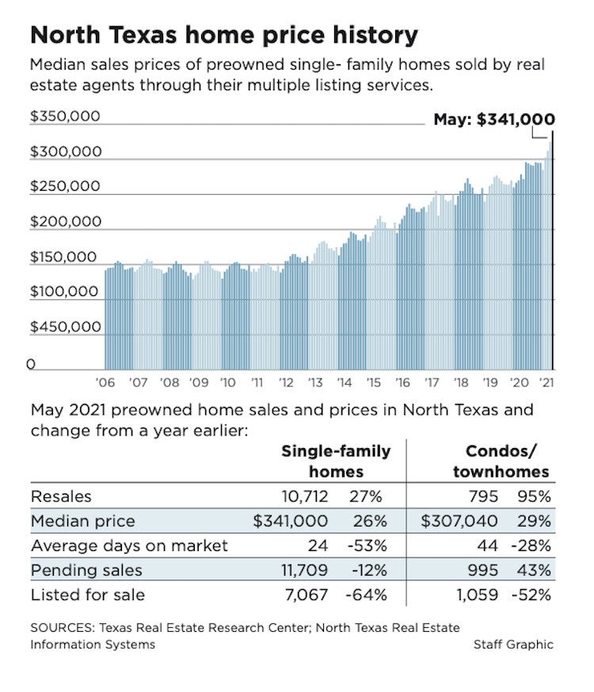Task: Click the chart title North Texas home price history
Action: pos(223,35)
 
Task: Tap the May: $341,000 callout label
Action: pos(494,120)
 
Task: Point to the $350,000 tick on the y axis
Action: pos(65,116)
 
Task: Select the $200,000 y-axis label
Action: pos(65,222)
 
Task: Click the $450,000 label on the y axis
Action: pos(65,326)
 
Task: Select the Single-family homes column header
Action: pos(336,461)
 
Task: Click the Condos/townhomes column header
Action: pos(501,461)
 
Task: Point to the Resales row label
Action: pos(61,496)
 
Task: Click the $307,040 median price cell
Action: pos(459,522)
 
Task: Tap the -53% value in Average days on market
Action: pos(367,546)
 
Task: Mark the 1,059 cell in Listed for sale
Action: pos(477,594)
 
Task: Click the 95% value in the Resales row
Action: pos(535,496)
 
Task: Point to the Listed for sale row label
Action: pos(88,594)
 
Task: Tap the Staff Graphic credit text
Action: pos(513,644)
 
